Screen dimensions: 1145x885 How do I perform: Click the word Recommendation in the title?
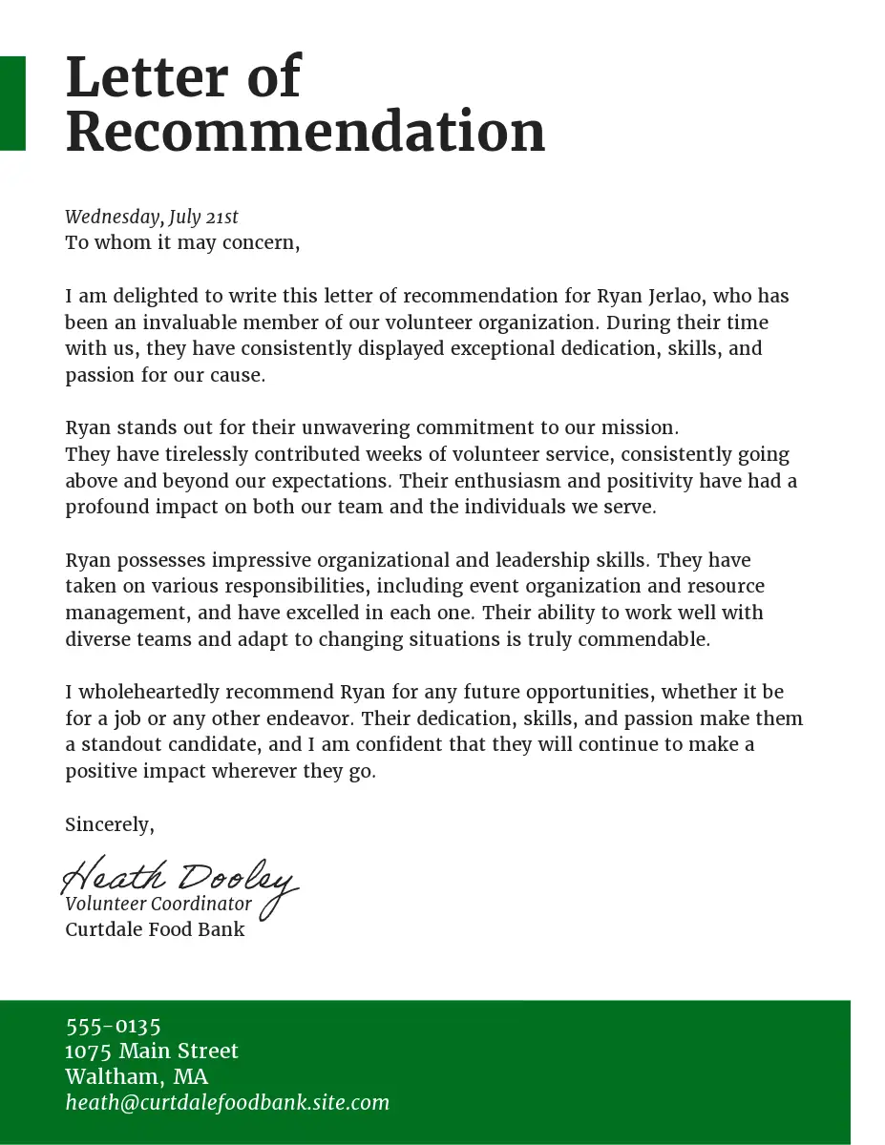click(x=305, y=132)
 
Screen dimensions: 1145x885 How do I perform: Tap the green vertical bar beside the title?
click(x=12, y=103)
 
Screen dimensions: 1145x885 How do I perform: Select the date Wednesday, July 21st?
click(x=152, y=218)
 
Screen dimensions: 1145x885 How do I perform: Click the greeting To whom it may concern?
click(x=182, y=242)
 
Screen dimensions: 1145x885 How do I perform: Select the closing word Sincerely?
click(x=109, y=824)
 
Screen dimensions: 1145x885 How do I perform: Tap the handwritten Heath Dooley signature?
click(x=179, y=878)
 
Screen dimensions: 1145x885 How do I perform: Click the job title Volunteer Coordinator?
click(x=158, y=904)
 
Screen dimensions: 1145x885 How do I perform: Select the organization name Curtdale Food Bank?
click(x=155, y=929)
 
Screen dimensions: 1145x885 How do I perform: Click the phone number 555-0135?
click(x=113, y=1027)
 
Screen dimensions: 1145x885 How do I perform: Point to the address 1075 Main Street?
click(x=152, y=1051)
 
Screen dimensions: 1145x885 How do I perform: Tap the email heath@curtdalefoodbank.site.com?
click(x=227, y=1103)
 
